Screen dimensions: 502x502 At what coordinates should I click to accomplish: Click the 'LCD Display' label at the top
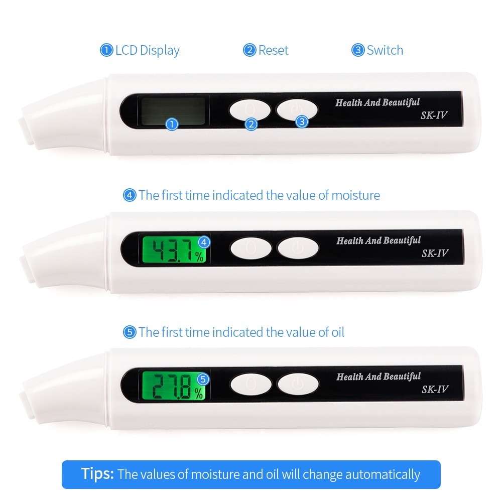click(x=147, y=50)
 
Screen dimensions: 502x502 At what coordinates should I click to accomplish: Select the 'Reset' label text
click(x=273, y=50)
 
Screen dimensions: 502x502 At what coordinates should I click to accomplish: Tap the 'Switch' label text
click(x=385, y=50)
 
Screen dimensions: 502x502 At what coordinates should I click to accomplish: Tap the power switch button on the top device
click(x=297, y=109)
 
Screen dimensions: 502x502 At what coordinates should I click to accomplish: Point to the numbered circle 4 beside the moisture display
click(x=204, y=242)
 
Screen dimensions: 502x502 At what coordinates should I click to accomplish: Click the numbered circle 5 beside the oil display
click(x=203, y=379)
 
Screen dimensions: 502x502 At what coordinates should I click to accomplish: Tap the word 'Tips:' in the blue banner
click(x=98, y=473)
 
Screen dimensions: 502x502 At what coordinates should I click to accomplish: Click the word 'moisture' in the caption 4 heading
click(x=355, y=195)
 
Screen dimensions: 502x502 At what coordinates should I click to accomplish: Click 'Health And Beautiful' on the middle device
click(x=379, y=240)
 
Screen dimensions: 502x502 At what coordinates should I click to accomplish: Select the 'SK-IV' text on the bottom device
click(x=435, y=389)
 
